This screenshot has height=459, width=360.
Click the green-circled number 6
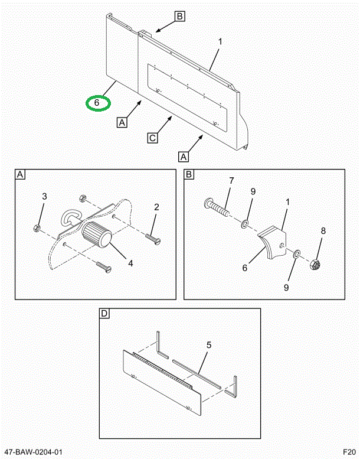pos(98,103)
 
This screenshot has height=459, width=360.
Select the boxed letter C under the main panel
pos(152,138)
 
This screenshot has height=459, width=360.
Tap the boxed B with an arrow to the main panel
pos(179,16)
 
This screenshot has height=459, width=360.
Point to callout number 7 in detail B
pos(231,180)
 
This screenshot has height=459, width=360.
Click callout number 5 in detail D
pos(208,344)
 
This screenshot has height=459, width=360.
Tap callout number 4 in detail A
pos(130,263)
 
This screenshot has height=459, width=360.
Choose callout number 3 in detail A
pos(44,196)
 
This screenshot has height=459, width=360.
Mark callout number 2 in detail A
pos(156,207)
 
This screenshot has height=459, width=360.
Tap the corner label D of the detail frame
pos(104,314)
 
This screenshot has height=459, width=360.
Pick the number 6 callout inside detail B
pos(246,266)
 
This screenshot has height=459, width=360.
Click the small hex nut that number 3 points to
pos(37,227)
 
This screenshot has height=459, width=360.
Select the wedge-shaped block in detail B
pos(273,242)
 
